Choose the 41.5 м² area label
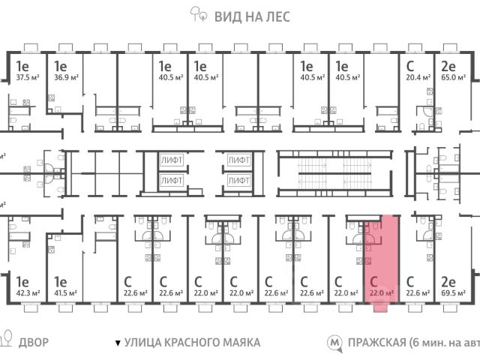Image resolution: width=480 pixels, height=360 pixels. click(x=65, y=293)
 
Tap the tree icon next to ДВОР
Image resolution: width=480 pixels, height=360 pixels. click(x=6, y=342)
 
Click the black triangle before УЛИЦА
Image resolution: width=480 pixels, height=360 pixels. click(x=118, y=343)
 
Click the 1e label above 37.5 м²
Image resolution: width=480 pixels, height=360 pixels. click(x=22, y=65)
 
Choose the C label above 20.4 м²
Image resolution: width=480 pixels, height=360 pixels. click(x=409, y=65)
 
